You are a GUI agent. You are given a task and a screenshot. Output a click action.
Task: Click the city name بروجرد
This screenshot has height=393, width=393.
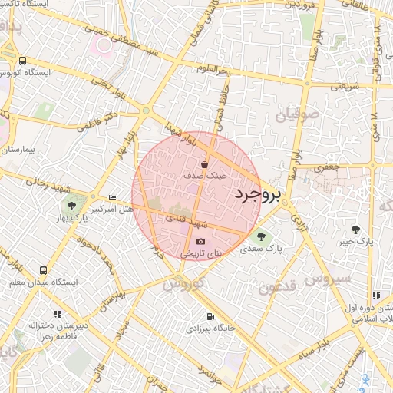coord(256,194)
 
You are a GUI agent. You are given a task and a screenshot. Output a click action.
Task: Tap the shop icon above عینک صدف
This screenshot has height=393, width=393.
coord(204,163)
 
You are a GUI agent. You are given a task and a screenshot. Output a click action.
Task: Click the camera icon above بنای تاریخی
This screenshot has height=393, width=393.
coord(201,241)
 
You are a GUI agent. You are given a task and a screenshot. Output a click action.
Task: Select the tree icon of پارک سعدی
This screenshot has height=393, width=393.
coord(262,237)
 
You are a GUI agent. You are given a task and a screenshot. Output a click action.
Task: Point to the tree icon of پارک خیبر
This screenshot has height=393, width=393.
coord(355,230)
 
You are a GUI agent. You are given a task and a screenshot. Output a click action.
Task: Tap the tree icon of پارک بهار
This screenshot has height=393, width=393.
coord(71,206)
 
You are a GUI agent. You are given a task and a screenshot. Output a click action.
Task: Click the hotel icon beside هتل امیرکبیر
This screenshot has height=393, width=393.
coord(113,197)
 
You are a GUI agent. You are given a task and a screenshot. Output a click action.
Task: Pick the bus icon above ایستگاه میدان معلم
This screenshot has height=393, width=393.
coord(43,271)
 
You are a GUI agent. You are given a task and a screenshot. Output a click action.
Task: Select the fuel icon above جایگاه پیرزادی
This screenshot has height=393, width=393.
coord(210,316)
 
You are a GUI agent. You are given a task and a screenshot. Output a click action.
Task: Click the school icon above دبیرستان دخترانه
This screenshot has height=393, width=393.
coord(58,314)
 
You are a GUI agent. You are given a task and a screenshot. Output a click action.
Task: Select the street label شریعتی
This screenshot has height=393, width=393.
coord(345,87)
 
